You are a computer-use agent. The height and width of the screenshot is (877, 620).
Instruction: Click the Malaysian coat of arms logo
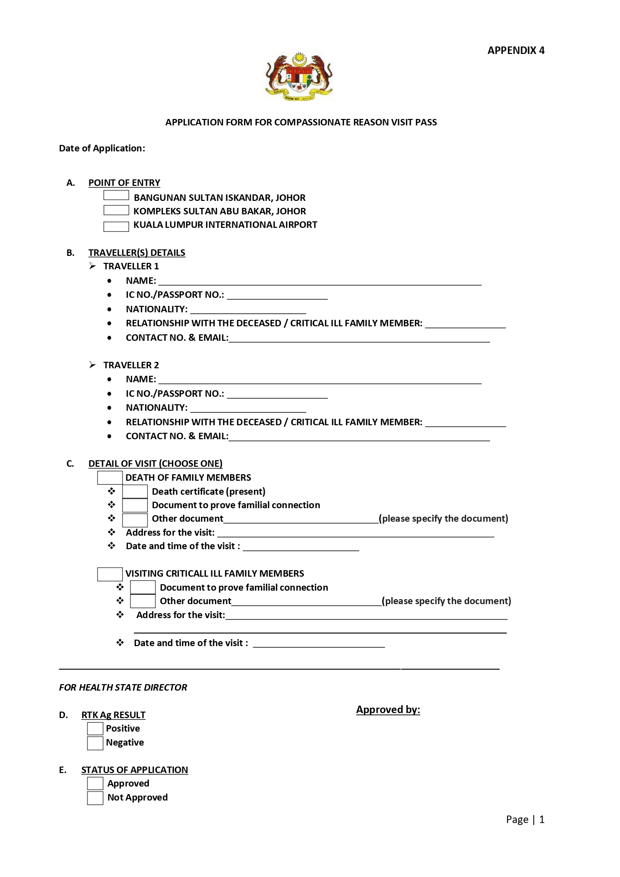(299, 76)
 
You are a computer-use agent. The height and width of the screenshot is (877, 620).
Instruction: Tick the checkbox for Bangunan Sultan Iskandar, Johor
(116, 195)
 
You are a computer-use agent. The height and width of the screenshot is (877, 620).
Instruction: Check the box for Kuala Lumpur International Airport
(116, 226)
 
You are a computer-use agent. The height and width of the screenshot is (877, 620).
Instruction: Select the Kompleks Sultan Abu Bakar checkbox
(116, 210)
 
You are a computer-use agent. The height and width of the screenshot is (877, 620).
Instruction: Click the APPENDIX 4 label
(516, 50)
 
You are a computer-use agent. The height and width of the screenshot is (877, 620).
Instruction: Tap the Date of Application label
(102, 148)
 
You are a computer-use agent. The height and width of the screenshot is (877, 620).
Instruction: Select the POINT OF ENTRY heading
(124, 183)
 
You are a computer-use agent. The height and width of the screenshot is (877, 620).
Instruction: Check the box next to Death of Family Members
(110, 478)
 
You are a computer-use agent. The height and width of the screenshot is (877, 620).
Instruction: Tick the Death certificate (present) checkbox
(135, 492)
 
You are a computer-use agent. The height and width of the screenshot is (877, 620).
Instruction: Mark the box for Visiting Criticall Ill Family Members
(110, 574)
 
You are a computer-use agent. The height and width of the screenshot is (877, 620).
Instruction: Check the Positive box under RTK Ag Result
(95, 729)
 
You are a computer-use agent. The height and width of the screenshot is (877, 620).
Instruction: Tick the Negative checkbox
(95, 743)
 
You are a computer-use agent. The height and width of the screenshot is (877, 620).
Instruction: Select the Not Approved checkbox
(95, 798)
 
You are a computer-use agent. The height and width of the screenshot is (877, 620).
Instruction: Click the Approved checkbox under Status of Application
(95, 784)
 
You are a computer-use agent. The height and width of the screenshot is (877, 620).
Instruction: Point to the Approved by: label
(388, 710)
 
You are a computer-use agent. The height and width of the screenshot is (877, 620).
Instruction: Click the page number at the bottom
(525, 820)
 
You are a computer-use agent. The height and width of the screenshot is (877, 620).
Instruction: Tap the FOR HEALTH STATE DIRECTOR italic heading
(123, 688)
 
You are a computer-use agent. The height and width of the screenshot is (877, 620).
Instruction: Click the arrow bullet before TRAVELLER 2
(92, 365)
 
